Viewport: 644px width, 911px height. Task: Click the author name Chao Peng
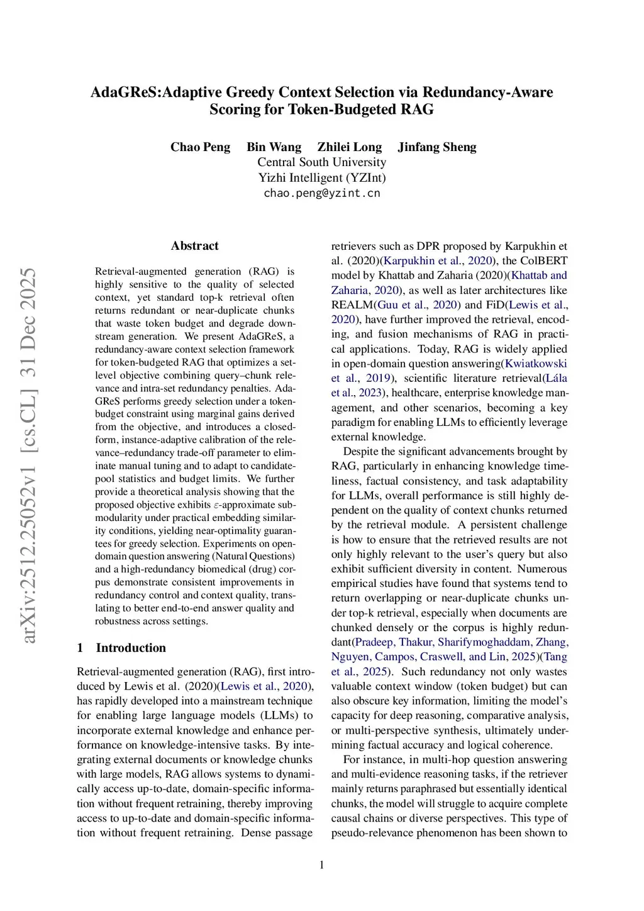tap(200, 147)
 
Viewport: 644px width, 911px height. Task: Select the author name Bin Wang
tap(274, 147)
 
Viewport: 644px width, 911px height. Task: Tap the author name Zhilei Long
tap(349, 147)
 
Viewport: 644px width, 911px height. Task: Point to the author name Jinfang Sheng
tap(436, 147)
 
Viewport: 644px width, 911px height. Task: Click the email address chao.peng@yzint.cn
tap(321, 193)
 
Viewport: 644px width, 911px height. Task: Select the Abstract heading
tap(194, 246)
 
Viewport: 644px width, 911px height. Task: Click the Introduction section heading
tap(131, 648)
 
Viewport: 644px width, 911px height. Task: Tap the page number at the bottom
tap(322, 865)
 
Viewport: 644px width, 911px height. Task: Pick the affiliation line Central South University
tap(321, 162)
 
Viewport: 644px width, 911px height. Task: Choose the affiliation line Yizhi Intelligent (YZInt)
tap(321, 177)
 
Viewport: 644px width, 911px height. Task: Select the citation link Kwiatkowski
tap(536, 364)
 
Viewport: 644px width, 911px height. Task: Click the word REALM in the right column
tap(352, 305)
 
